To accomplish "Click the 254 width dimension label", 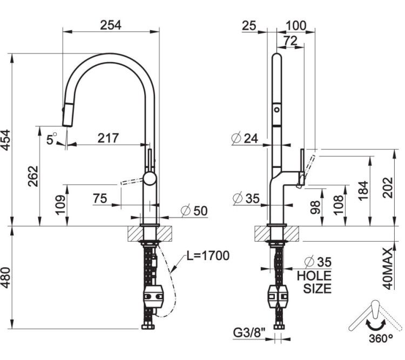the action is point(111,25).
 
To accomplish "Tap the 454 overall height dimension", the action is point(6,140).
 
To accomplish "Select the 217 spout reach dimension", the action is point(108,138).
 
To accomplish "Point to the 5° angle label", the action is point(51,139).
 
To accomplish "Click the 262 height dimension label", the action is point(33,176).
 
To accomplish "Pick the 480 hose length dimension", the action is point(6,277).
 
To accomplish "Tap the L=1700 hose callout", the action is point(208,256).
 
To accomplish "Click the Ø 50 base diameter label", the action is point(194,210).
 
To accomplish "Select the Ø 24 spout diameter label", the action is point(245,138).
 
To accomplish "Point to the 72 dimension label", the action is point(291,40).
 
